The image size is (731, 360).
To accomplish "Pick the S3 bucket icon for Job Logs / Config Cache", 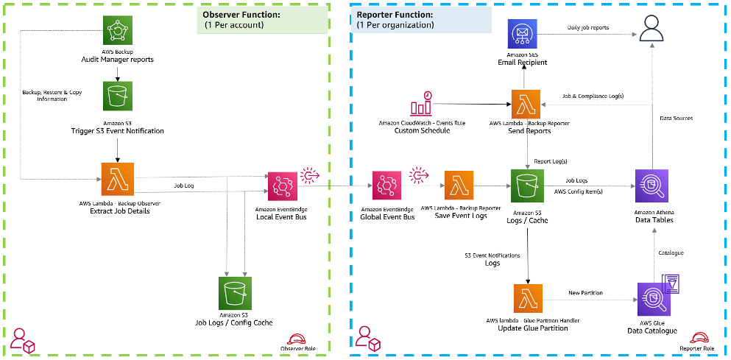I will [236, 294].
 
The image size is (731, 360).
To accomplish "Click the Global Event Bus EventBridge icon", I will [388, 187].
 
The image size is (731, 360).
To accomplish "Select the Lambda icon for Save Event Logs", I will [459, 187].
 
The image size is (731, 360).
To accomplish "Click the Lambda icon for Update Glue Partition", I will [527, 299].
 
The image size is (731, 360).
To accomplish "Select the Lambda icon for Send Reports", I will [527, 104].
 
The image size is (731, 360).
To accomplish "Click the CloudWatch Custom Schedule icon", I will [419, 104].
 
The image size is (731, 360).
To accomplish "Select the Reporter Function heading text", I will [395, 14].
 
